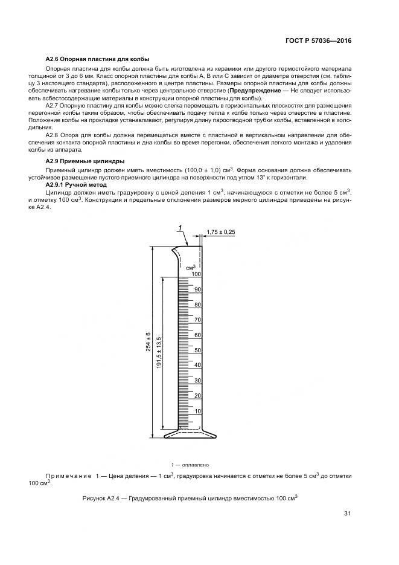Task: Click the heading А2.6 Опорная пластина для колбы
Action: (x=86, y=59)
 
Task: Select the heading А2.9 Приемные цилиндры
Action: (x=85, y=161)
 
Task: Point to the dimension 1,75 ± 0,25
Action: (x=220, y=231)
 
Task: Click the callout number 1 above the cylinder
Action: (x=180, y=227)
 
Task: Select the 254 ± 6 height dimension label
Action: (x=148, y=342)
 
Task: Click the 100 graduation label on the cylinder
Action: (x=196, y=274)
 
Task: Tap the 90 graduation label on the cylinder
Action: (x=197, y=289)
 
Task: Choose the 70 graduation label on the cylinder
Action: (x=197, y=320)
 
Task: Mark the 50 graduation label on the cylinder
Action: (x=197, y=350)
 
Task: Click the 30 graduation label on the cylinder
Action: (x=197, y=380)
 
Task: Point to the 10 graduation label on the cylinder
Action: (x=197, y=410)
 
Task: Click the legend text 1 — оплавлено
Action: (x=190, y=465)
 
